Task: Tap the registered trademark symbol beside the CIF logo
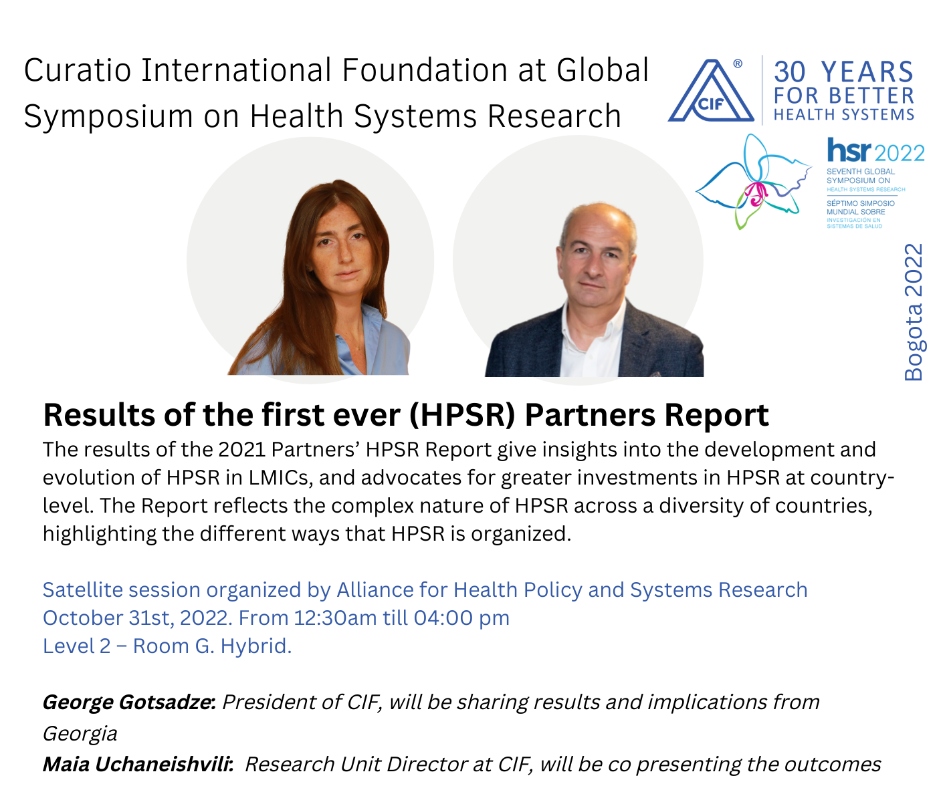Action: point(738,63)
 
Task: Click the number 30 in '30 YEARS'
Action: point(790,72)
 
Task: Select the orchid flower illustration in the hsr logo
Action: point(753,181)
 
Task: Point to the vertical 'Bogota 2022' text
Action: point(914,312)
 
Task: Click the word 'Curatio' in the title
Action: point(77,70)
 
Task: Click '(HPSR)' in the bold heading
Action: point(462,415)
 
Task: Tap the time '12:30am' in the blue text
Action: point(336,618)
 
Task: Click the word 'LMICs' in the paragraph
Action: point(282,478)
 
